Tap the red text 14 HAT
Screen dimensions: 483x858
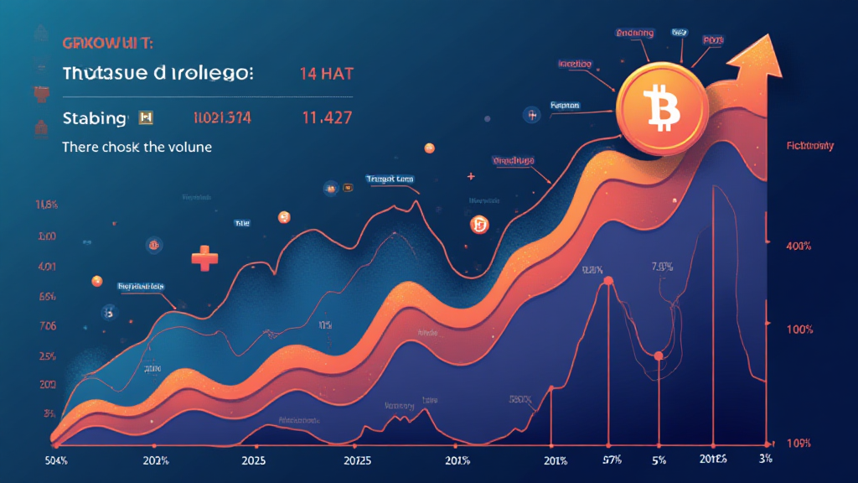point(327,73)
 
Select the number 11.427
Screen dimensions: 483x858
point(325,118)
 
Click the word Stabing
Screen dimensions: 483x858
point(95,118)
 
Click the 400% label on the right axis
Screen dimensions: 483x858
point(799,247)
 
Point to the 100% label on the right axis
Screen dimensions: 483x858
point(799,330)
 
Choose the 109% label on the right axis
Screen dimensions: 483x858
point(799,441)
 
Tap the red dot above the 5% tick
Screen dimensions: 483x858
point(659,356)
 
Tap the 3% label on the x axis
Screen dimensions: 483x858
point(765,460)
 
